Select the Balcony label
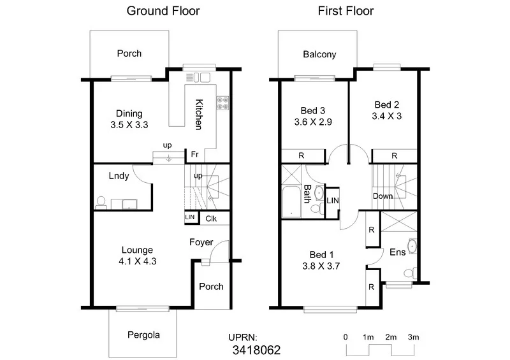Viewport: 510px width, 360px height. pyautogui.click(x=319, y=54)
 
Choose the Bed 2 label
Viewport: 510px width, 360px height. pyautogui.click(x=387, y=104)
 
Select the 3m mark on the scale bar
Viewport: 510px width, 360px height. pyautogui.click(x=413, y=336)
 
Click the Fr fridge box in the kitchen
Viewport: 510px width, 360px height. pyautogui.click(x=193, y=154)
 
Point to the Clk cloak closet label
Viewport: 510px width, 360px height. pyautogui.click(x=212, y=218)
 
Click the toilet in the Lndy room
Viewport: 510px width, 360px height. pyautogui.click(x=101, y=202)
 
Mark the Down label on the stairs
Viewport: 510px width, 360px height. pyautogui.click(x=382, y=196)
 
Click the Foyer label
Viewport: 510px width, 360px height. pyautogui.click(x=201, y=242)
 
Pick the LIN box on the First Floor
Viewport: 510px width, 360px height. pyautogui.click(x=333, y=201)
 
